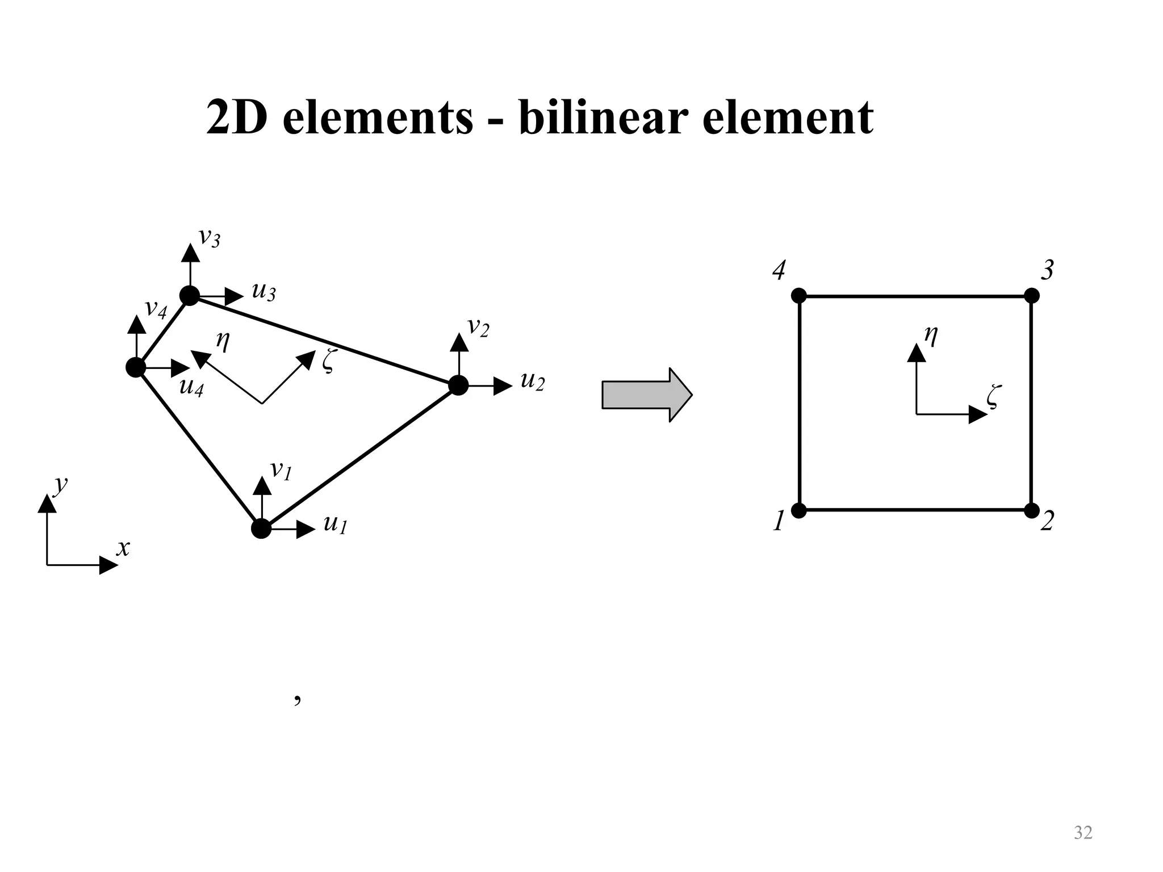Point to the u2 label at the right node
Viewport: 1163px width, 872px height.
tap(532, 381)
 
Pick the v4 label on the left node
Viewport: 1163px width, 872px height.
tap(156, 309)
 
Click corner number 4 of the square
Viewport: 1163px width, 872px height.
tap(779, 271)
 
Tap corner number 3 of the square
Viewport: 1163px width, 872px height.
tap(1047, 271)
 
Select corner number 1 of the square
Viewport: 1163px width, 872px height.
tap(779, 521)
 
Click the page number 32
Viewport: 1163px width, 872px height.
tap(1083, 832)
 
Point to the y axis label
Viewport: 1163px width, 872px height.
tap(60, 485)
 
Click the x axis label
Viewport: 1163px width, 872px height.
tap(123, 548)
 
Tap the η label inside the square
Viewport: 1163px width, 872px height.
tap(931, 336)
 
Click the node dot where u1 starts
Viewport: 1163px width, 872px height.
tap(261, 529)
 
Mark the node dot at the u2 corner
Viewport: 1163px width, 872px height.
tap(458, 385)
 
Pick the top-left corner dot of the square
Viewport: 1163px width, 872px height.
tap(799, 296)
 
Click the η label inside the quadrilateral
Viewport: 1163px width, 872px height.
tap(223, 341)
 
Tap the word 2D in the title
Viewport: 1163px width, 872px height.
tap(236, 118)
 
